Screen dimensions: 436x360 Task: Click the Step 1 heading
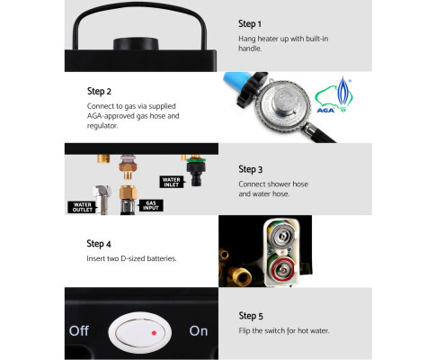250,23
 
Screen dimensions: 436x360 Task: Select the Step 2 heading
99,91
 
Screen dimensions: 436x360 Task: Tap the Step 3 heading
250,169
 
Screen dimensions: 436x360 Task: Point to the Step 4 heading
99,244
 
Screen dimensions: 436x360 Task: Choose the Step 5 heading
251,316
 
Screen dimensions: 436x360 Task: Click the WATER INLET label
172,182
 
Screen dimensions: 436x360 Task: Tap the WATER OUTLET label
82,207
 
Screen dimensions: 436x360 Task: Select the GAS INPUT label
151,205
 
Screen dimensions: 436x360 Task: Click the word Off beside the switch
79,331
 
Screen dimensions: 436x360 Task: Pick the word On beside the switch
199,331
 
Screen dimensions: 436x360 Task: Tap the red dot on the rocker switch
154,333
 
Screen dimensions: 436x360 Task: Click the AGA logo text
325,111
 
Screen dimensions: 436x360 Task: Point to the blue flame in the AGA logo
343,91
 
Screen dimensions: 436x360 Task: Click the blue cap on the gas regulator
236,82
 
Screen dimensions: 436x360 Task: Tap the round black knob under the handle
136,44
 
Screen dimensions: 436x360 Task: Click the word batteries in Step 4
162,258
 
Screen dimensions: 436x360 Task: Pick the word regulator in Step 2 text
102,126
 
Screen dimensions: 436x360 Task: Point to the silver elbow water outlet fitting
102,199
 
